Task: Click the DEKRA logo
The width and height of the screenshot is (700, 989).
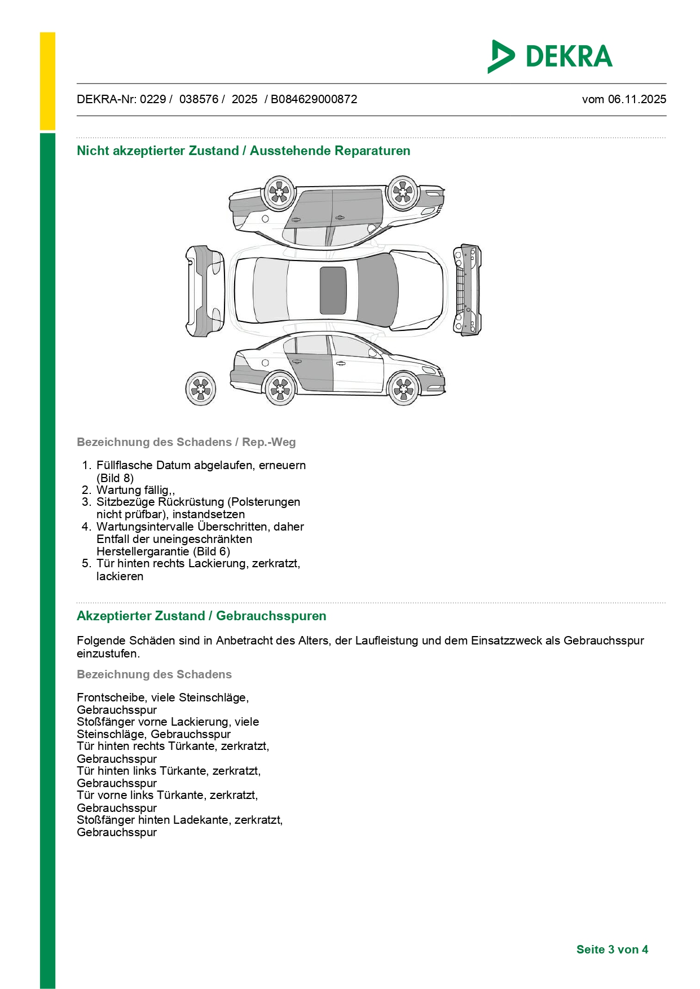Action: pyautogui.click(x=550, y=56)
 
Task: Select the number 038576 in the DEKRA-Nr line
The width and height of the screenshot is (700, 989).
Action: pyautogui.click(x=199, y=99)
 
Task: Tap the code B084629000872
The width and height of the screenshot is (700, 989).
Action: pyautogui.click(x=314, y=99)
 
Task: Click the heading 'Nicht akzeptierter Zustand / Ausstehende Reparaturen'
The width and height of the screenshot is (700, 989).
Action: pyautogui.click(x=243, y=151)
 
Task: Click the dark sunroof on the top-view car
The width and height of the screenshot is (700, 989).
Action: pyautogui.click(x=333, y=290)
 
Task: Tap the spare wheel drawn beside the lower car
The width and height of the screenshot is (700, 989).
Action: pyautogui.click(x=201, y=388)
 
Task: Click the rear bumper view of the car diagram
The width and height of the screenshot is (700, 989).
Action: pyautogui.click(x=205, y=291)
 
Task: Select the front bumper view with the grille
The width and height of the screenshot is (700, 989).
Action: pyautogui.click(x=467, y=290)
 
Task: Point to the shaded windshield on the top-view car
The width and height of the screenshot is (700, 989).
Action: pyautogui.click(x=377, y=290)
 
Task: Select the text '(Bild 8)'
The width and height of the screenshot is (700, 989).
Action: pyautogui.click(x=115, y=478)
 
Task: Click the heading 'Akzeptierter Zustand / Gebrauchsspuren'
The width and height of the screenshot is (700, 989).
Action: pyautogui.click(x=201, y=616)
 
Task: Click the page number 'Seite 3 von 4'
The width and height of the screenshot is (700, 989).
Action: pyautogui.click(x=612, y=950)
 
